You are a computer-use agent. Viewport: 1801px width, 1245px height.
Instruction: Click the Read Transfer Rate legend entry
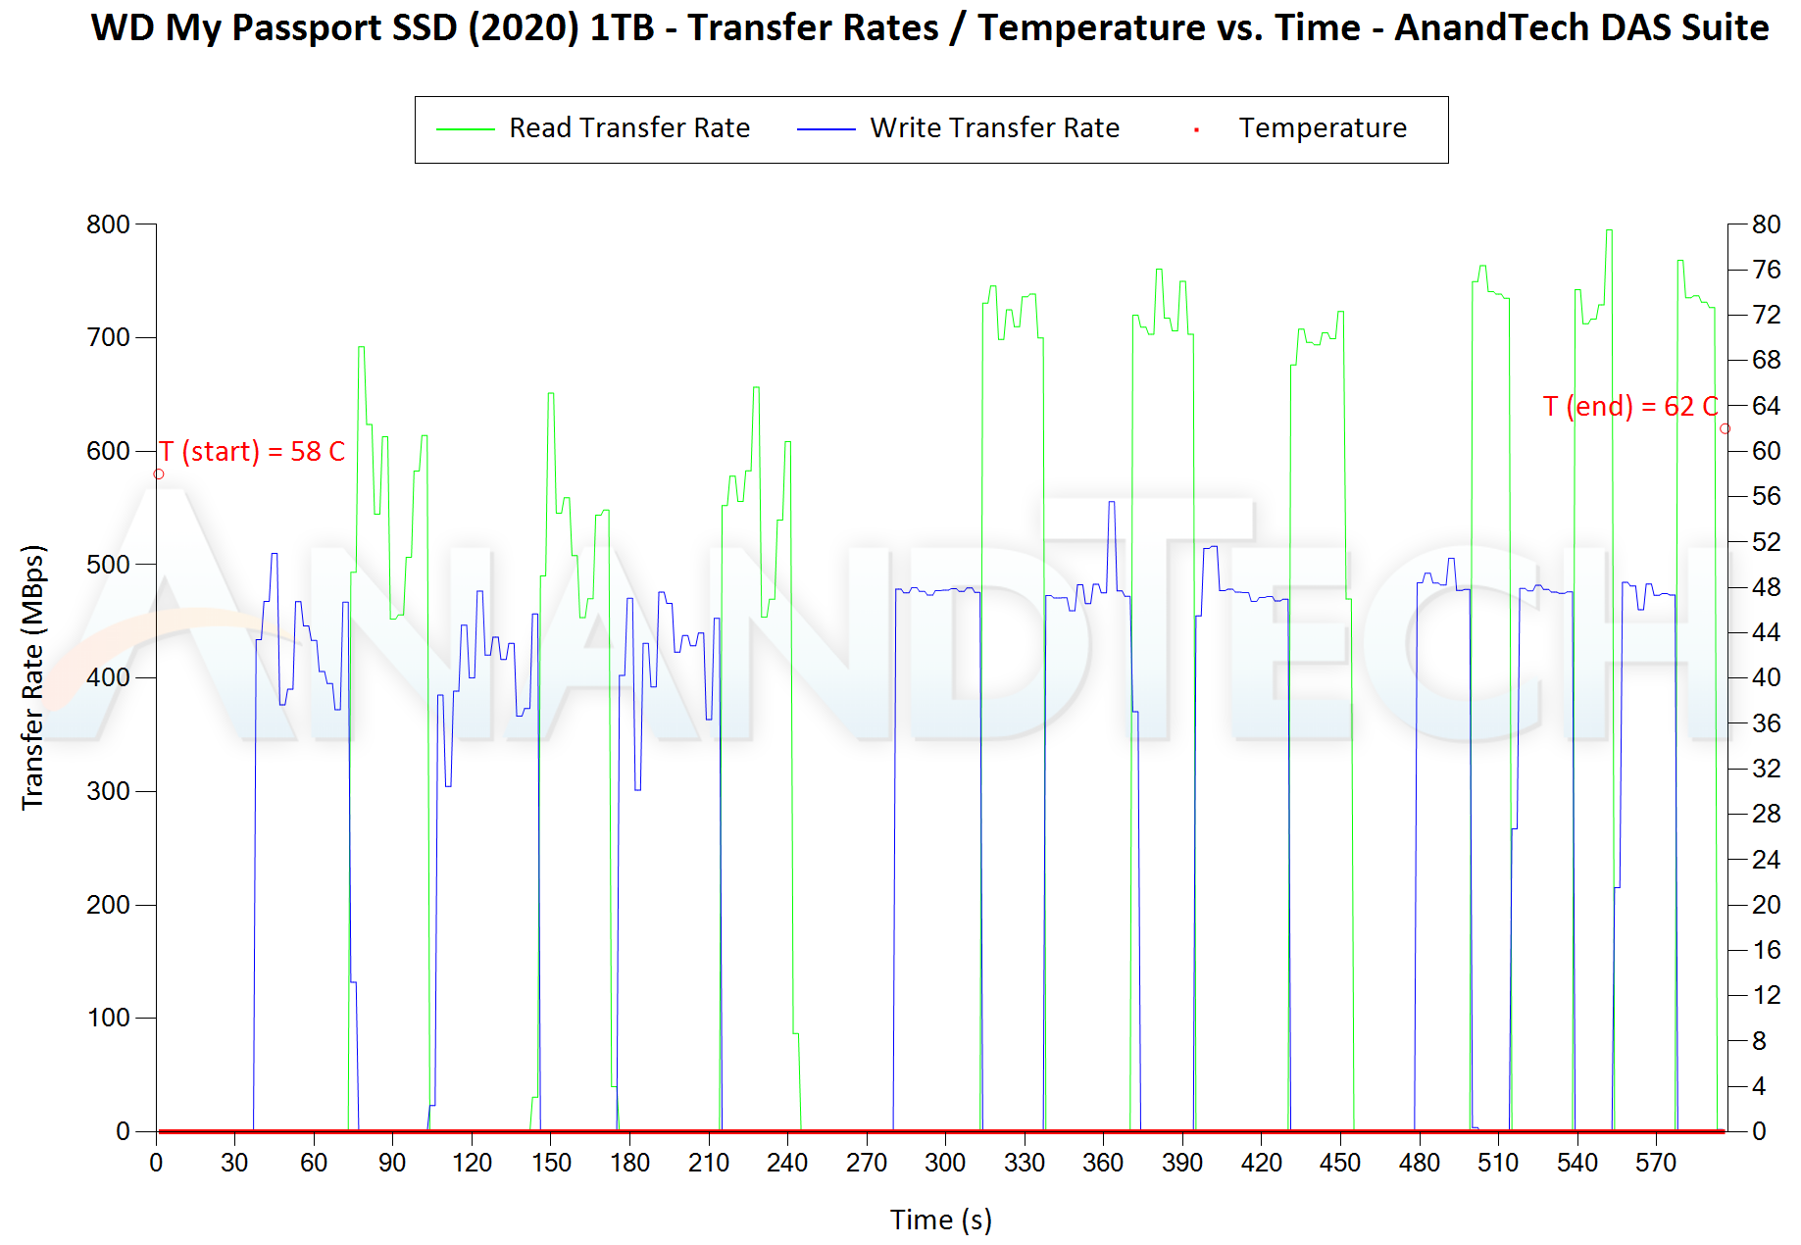tap(628, 128)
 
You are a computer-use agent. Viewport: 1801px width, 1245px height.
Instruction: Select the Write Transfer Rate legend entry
tap(994, 128)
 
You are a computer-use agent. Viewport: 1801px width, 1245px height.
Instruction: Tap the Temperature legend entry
tap(1322, 128)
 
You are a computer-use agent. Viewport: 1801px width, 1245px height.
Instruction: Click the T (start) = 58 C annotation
tap(252, 452)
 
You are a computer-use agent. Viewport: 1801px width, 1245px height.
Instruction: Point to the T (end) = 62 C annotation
tap(1629, 407)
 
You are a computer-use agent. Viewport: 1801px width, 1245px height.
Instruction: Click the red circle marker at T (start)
tap(159, 474)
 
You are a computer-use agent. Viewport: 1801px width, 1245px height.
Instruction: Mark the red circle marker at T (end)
tap(1725, 429)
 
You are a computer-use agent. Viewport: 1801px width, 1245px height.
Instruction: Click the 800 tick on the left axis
tap(108, 224)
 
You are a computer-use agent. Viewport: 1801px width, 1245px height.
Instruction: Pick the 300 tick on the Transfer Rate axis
tap(108, 791)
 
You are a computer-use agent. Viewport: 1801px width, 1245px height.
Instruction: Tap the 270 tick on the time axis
tap(867, 1164)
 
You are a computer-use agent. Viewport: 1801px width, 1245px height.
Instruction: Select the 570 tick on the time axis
tap(1656, 1164)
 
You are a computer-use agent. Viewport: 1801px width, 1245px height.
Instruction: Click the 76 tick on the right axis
tap(1767, 270)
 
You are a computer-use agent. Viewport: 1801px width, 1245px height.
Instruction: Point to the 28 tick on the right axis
tap(1767, 814)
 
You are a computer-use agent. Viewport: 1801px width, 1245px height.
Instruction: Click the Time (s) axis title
tap(941, 1220)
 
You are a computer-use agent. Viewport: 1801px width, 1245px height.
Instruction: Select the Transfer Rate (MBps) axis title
tap(33, 677)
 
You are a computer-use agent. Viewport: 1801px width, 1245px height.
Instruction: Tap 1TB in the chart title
tap(622, 28)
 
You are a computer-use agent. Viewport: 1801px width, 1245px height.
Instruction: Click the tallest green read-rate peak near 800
tap(1609, 231)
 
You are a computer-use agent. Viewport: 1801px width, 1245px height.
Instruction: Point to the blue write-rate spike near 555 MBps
tap(1112, 503)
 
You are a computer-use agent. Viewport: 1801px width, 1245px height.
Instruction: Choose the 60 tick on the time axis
tap(314, 1164)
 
